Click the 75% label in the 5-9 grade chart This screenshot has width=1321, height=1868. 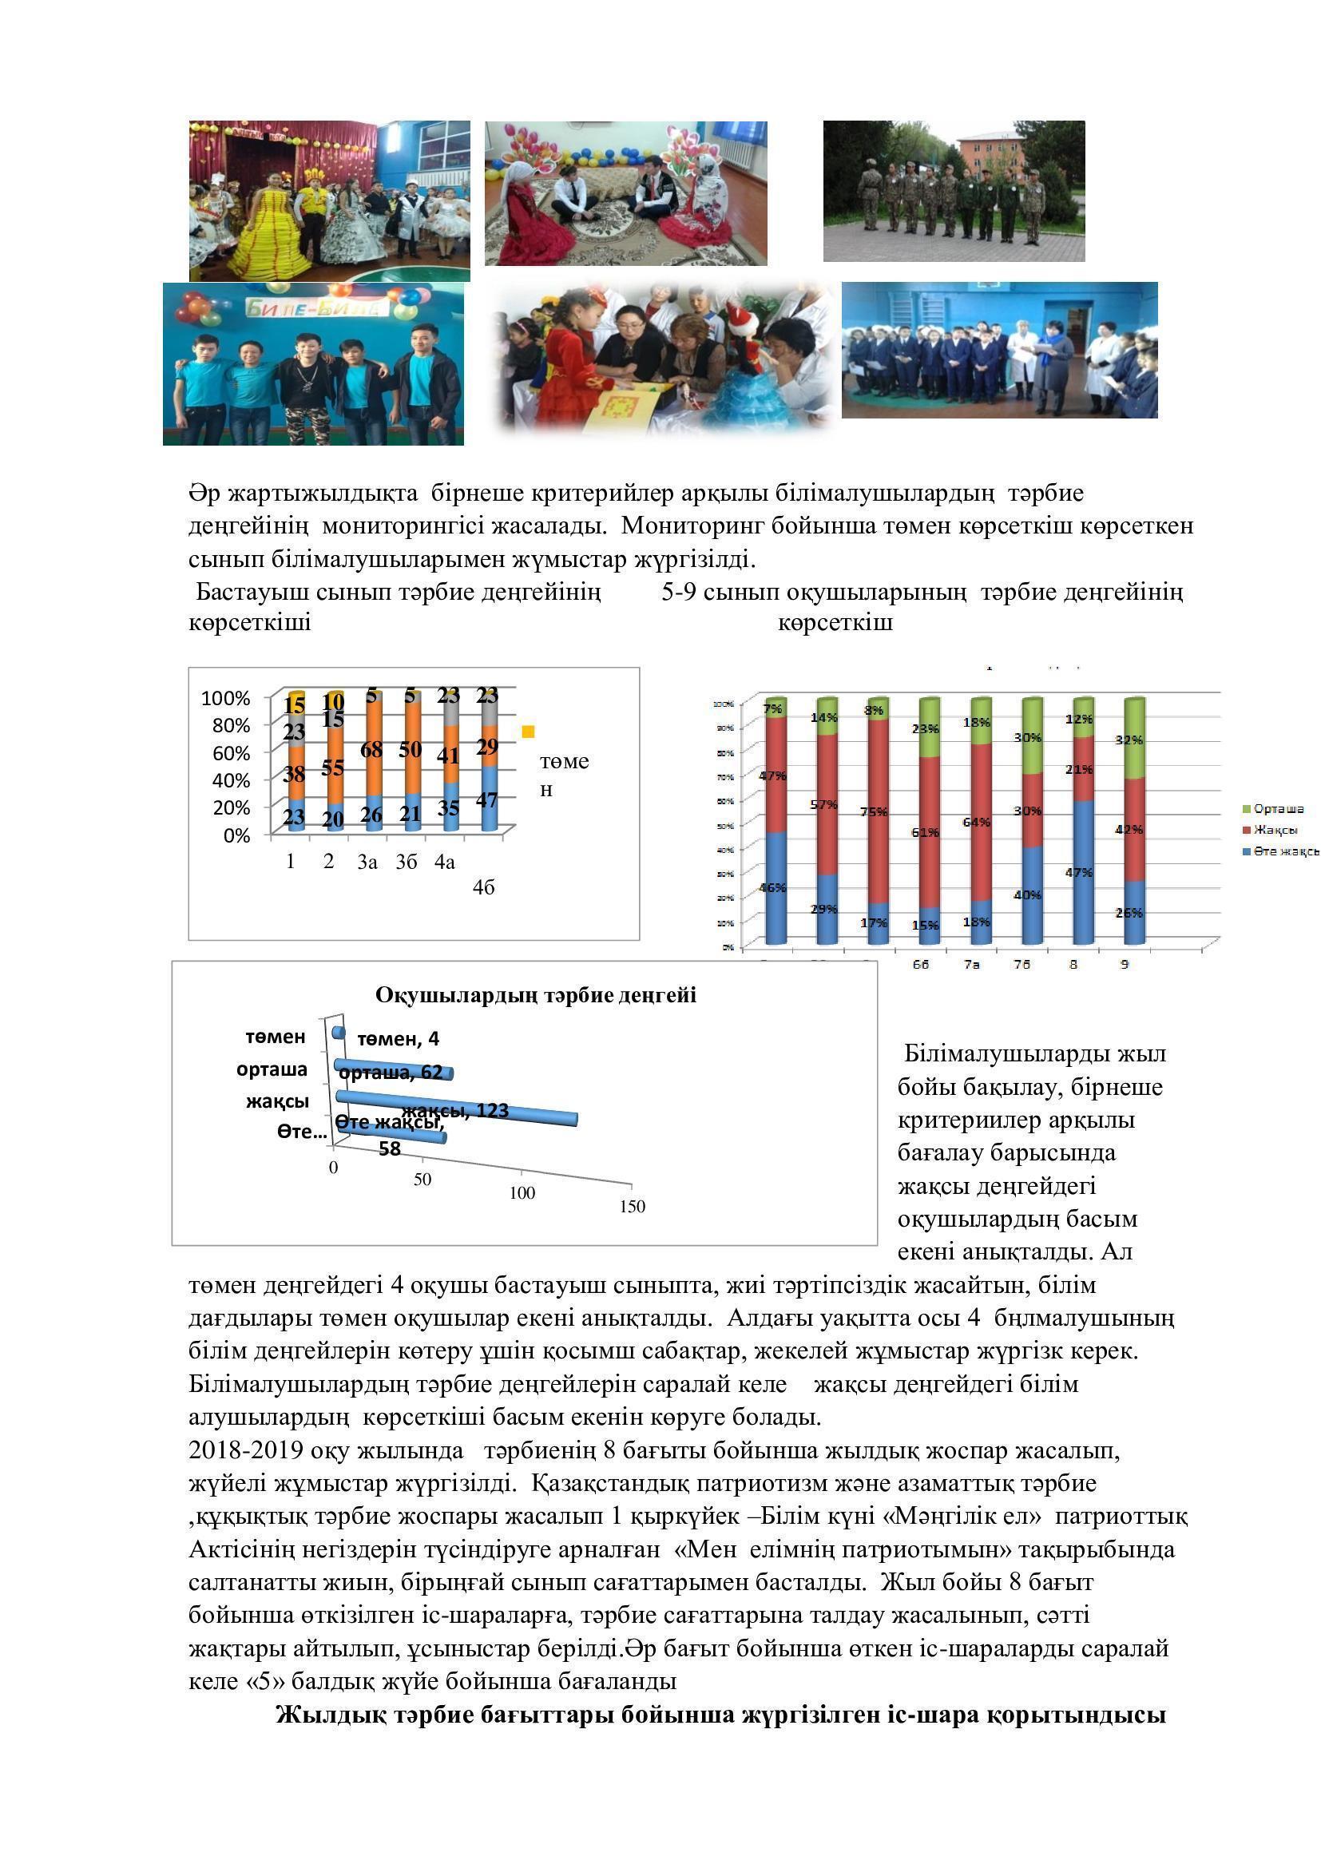tap(874, 812)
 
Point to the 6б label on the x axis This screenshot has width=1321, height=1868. tap(920, 964)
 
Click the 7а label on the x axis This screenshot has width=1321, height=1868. tap(971, 964)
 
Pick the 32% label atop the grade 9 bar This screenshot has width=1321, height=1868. tap(1129, 740)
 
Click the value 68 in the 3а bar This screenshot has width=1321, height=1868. tap(371, 749)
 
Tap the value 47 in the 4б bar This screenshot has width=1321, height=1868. tap(486, 800)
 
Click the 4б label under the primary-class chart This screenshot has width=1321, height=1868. tap(483, 887)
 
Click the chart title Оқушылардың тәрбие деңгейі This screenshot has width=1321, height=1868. tap(535, 996)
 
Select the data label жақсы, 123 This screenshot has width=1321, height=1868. tap(455, 1110)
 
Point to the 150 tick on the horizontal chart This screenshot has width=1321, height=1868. tap(632, 1207)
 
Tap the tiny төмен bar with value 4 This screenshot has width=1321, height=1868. tap(339, 1033)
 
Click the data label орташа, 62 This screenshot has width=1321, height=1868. tap(391, 1073)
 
